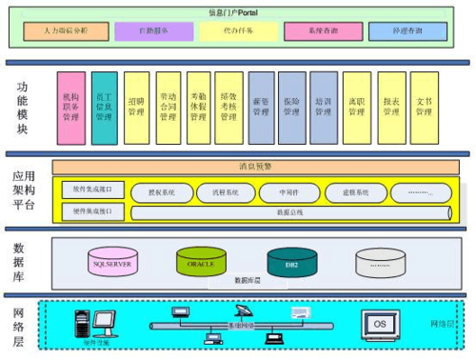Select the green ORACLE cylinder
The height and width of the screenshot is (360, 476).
(x=201, y=261)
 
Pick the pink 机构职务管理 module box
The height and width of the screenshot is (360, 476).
(x=70, y=106)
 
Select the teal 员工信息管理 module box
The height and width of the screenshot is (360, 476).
(x=103, y=107)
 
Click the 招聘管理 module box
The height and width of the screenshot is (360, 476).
(x=135, y=107)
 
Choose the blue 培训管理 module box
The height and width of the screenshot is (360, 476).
(x=323, y=107)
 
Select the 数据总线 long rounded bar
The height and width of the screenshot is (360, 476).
(x=289, y=211)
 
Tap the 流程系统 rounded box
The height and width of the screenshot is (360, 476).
(x=226, y=191)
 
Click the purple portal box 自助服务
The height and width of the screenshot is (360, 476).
(x=153, y=31)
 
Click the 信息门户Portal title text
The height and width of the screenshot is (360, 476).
(x=237, y=10)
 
